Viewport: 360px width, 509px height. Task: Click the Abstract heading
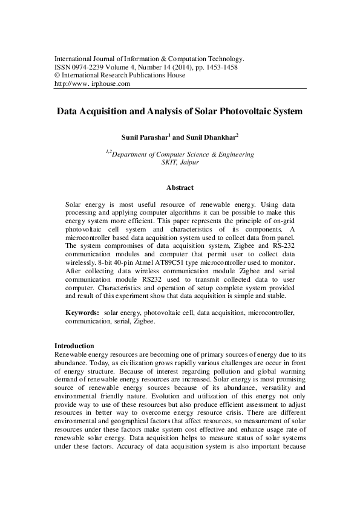(180, 188)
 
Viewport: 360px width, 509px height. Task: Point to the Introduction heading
(76, 345)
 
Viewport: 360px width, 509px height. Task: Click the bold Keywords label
(82, 314)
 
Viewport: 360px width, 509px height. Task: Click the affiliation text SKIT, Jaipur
(180, 163)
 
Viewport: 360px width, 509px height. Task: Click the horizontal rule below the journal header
(180, 89)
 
